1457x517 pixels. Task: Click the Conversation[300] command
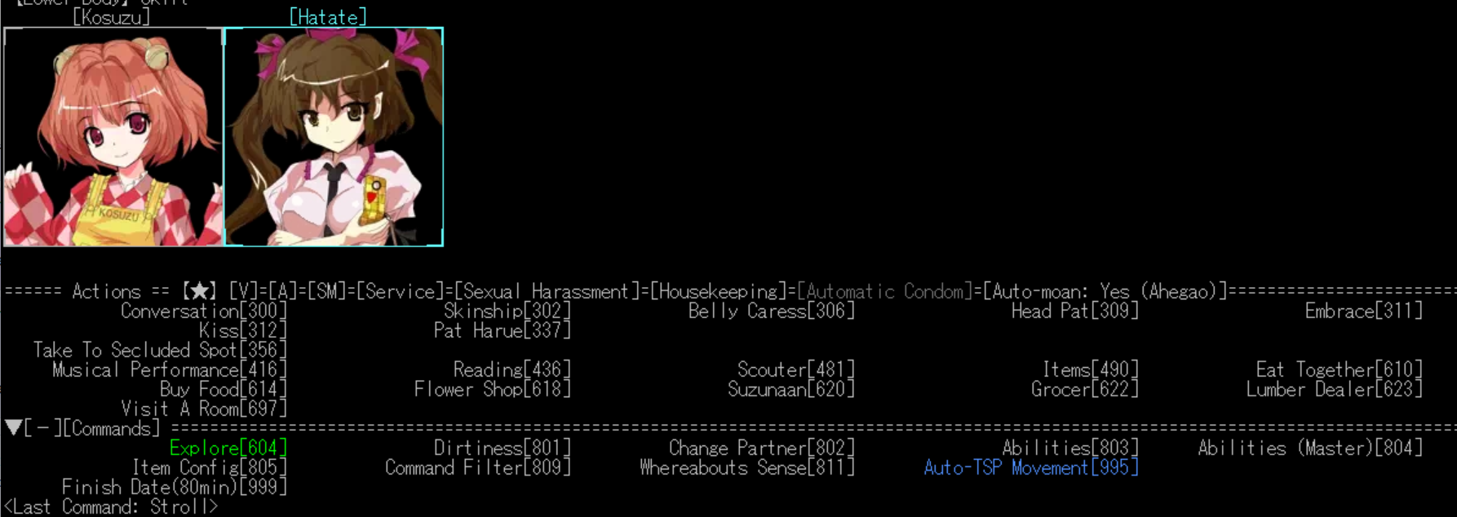coord(204,312)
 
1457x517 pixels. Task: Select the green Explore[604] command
coord(228,449)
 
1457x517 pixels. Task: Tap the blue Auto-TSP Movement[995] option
coord(1030,468)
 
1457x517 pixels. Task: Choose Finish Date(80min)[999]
coord(175,488)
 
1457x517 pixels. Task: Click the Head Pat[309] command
coord(1074,312)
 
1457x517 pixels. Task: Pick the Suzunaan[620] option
coord(790,390)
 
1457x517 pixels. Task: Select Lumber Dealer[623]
coord(1334,390)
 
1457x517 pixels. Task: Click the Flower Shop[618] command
coord(492,390)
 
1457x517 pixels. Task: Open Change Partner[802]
coord(761,449)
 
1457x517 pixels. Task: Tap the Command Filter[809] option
coord(477,468)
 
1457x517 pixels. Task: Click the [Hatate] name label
coord(328,17)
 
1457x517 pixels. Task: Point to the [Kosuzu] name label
coord(112,17)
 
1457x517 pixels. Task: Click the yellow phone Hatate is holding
coord(374,198)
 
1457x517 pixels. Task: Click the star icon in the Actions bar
coord(199,292)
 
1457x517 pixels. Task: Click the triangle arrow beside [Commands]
coord(13,428)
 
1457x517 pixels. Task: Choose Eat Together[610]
coord(1339,370)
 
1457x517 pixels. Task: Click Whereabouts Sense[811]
coord(746,468)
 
